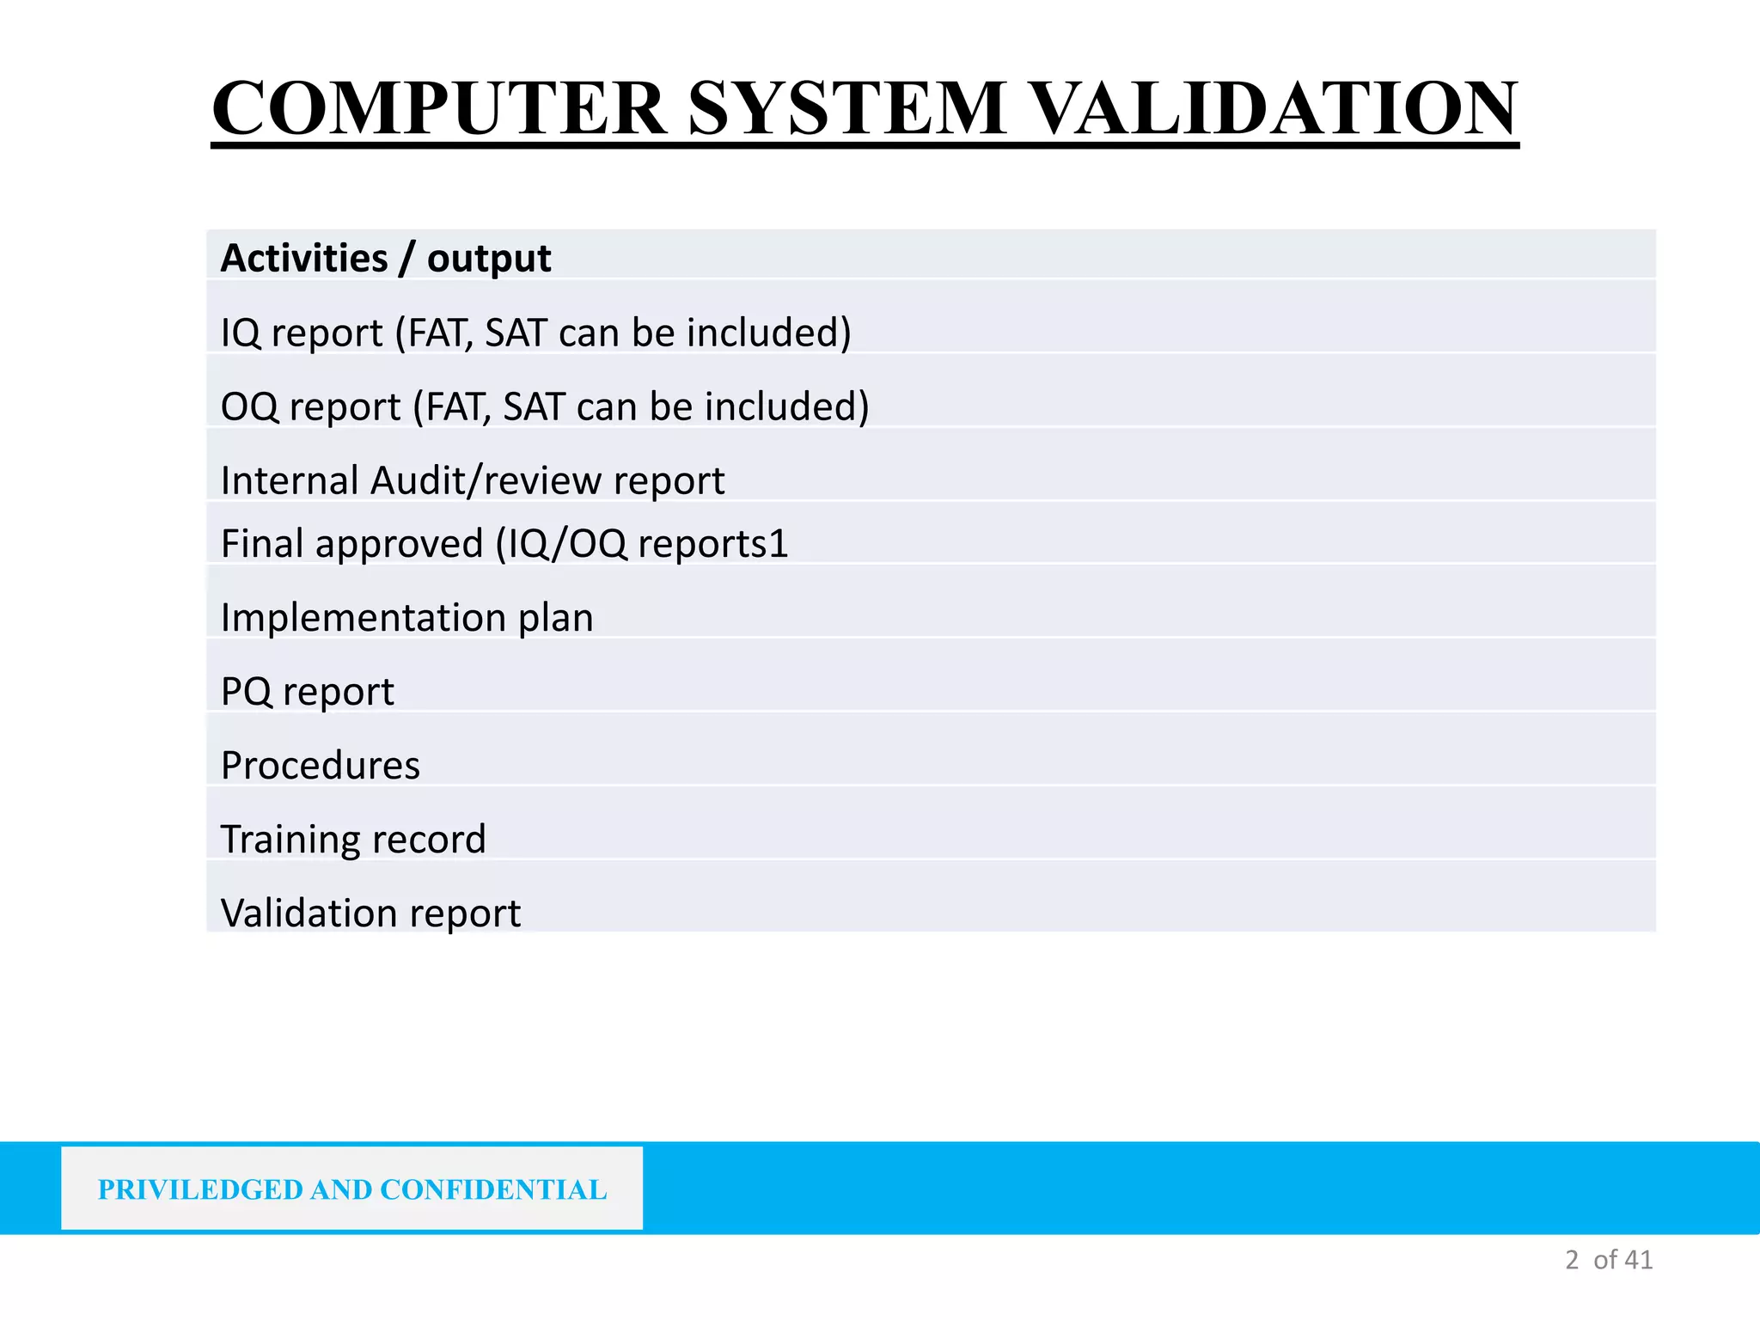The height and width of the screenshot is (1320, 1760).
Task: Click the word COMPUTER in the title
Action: (438, 108)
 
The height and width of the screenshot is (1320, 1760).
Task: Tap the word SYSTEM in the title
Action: (846, 108)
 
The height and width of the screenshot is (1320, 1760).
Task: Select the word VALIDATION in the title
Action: (1273, 108)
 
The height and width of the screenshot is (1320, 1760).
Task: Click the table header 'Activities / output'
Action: (386, 258)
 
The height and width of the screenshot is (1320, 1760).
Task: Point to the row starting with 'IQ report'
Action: (535, 333)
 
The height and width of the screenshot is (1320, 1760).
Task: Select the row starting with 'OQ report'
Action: (545, 406)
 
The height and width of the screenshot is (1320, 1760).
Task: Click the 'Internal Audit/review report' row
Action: (473, 480)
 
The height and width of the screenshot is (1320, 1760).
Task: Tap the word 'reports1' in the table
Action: (712, 544)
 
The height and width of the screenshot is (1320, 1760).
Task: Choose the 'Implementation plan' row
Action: (406, 618)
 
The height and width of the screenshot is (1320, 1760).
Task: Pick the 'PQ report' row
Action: (307, 692)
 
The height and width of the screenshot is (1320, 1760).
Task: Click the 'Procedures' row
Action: (321, 766)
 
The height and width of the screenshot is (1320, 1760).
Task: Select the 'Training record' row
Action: (353, 840)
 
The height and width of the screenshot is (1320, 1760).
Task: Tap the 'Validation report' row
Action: (370, 914)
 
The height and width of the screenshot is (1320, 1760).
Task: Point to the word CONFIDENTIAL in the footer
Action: (493, 1189)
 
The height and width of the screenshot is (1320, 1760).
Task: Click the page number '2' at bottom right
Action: (1572, 1260)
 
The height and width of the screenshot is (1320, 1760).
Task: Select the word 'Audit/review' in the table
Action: (486, 480)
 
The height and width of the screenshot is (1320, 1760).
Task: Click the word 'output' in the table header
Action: (488, 259)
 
